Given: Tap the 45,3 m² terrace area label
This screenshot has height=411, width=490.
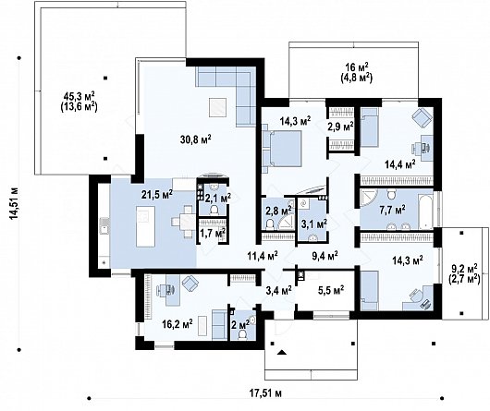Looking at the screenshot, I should (x=80, y=100).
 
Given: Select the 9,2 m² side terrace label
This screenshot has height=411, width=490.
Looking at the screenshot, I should (x=463, y=272).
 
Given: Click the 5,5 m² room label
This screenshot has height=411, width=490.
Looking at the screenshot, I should (x=329, y=290).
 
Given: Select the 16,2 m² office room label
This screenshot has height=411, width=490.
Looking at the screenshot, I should (x=177, y=323).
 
